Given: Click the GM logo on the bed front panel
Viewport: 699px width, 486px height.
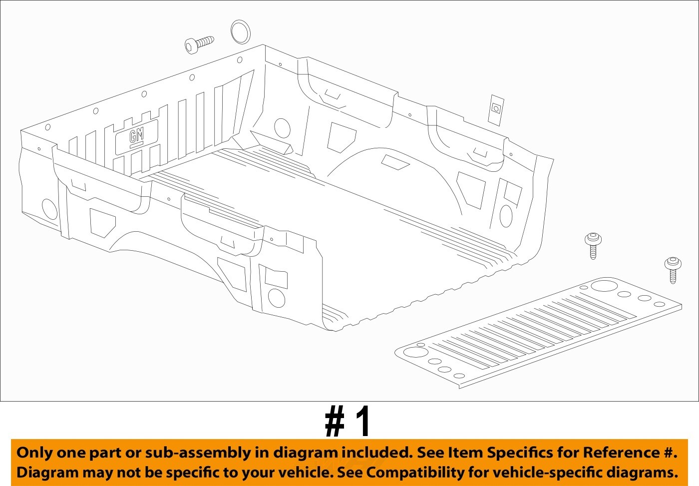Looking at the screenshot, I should (x=136, y=136).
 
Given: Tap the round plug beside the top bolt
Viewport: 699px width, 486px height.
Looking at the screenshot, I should (x=241, y=31).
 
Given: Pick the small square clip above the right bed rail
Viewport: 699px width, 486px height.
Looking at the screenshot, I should (x=496, y=109).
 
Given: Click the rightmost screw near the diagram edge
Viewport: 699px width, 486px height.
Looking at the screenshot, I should (x=672, y=269).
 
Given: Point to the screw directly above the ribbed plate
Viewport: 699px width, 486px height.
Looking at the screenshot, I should (x=593, y=245).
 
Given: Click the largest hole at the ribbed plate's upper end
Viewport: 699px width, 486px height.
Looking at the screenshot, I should (x=604, y=286).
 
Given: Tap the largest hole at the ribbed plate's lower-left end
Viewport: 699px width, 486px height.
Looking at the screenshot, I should (x=413, y=352).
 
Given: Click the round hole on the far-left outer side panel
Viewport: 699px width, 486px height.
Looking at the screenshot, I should (x=49, y=209).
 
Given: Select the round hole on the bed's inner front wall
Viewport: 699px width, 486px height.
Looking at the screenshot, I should (x=282, y=128).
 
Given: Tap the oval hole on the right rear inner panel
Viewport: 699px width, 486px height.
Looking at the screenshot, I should (x=506, y=216).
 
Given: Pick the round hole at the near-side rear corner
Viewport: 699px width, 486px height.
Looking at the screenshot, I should (x=276, y=298).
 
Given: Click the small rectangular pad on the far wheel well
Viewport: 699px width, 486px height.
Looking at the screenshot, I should (x=395, y=162).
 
